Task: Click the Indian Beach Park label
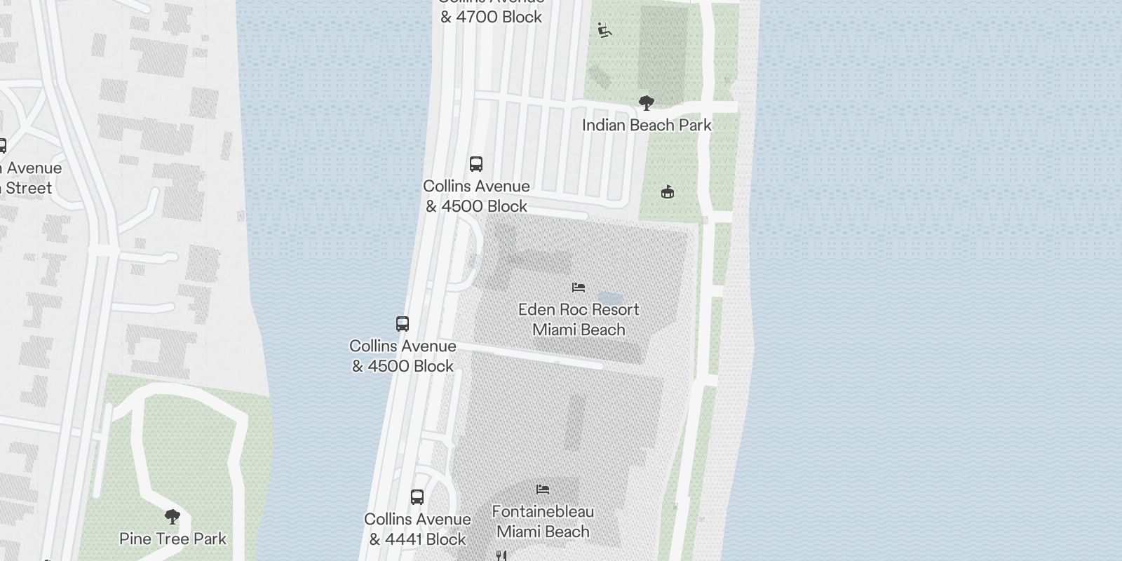coord(647,126)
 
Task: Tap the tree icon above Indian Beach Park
coord(647,104)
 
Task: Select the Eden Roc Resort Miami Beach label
coord(579,320)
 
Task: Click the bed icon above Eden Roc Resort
coord(579,288)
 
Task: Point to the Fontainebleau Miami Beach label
coord(543,522)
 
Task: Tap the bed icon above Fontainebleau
coord(543,489)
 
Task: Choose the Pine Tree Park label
coord(173,539)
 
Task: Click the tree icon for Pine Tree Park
coord(172,518)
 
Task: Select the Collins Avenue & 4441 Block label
coord(417,529)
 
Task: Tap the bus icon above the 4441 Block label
coord(417,497)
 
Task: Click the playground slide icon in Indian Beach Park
coord(604,30)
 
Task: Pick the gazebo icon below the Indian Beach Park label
coord(668,191)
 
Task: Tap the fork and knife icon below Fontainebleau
coord(501,555)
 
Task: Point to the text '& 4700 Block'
coord(491,17)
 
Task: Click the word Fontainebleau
coord(543,512)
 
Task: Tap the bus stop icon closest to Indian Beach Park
coord(476,164)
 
